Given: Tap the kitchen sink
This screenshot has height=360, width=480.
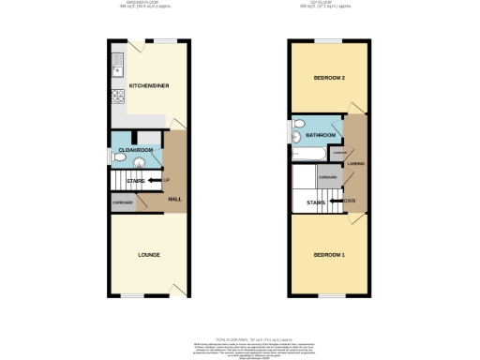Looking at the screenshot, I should point(116,66).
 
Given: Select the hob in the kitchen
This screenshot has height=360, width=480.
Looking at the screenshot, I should point(117,96).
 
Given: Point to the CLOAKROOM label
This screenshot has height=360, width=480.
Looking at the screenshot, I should point(135,149).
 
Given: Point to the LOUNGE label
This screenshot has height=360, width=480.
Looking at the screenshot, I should point(147,255).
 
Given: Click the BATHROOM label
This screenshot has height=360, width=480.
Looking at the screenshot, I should point(318,134).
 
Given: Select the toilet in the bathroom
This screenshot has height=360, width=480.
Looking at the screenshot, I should point(296,138).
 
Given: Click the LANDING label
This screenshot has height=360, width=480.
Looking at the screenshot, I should point(357,164).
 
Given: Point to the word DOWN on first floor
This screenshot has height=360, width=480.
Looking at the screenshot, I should point(349,200).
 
